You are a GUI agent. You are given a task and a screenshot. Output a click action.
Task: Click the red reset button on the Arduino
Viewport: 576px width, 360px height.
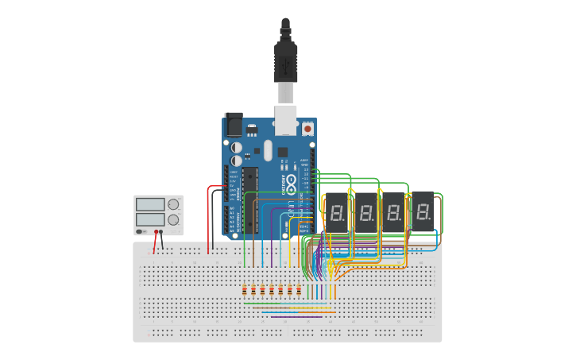307,128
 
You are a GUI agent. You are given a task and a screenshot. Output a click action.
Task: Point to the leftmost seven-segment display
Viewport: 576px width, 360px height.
337,212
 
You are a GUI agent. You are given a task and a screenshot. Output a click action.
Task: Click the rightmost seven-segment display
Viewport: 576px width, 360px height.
423,211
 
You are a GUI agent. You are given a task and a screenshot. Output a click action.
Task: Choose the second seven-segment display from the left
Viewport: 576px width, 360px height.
365,212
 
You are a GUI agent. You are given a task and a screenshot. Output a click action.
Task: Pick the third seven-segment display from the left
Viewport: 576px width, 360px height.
394,212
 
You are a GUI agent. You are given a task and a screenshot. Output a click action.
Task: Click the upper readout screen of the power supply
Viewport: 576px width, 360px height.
150,203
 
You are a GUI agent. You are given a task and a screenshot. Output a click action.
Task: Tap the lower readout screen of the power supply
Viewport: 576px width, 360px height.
150,218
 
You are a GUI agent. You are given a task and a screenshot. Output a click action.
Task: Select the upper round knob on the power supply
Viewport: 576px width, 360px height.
173,204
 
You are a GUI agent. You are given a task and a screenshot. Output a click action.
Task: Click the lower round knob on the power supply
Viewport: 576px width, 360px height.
173,219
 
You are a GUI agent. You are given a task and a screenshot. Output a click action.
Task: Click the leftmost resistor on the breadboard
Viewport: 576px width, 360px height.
244,290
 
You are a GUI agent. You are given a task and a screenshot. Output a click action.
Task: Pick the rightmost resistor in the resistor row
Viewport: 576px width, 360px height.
299,290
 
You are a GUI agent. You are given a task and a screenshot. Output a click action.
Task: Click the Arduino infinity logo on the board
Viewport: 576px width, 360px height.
292,184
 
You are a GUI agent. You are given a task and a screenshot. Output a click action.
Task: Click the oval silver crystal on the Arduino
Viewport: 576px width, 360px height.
268,150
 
